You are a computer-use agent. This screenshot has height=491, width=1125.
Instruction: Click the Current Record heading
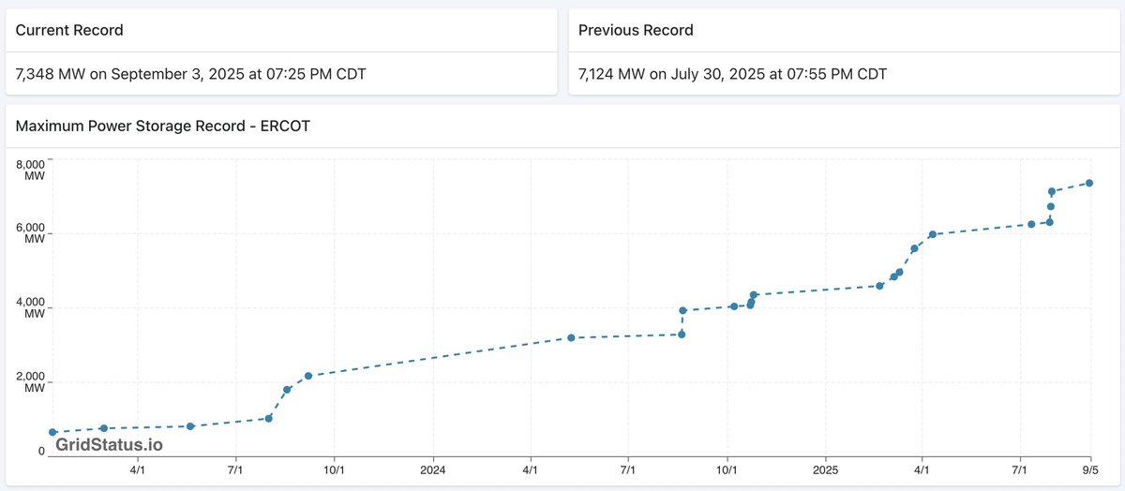click(69, 30)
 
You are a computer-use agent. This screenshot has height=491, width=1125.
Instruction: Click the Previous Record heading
click(636, 30)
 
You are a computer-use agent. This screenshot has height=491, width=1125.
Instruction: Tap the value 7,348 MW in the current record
click(51, 74)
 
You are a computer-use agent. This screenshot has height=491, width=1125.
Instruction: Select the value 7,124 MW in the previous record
click(612, 74)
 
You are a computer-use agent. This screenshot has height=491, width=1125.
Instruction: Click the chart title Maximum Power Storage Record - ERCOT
click(162, 126)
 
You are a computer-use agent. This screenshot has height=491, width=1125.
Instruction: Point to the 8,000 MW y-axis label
click(30, 169)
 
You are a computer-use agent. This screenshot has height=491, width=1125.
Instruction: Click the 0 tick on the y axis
click(41, 451)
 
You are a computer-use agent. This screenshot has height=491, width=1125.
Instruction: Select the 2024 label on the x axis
click(433, 469)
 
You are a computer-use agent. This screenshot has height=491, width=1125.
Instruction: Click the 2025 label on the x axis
click(825, 469)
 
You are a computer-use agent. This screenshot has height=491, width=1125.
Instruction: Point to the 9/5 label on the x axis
click(1090, 469)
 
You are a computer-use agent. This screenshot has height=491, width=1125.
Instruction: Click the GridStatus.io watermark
click(109, 444)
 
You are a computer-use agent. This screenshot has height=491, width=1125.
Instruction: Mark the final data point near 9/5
click(1089, 183)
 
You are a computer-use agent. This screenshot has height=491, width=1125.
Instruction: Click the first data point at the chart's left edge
click(52, 432)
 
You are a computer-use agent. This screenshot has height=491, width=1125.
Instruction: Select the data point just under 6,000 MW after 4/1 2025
click(932, 234)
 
